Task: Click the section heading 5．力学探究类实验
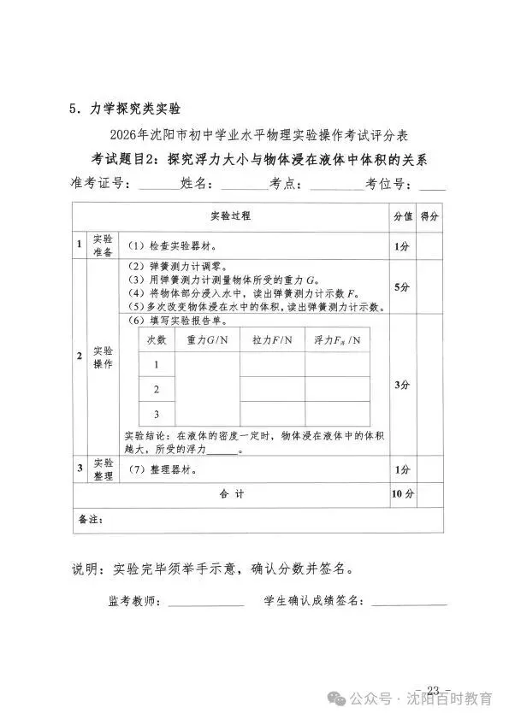(126, 109)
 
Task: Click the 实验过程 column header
(231, 216)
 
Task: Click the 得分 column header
(430, 216)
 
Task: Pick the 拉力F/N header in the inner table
(272, 339)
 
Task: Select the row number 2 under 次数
(157, 389)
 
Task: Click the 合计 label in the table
(232, 494)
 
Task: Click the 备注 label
(90, 519)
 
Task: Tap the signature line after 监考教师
(205, 604)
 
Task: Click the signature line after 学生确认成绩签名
(408, 604)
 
